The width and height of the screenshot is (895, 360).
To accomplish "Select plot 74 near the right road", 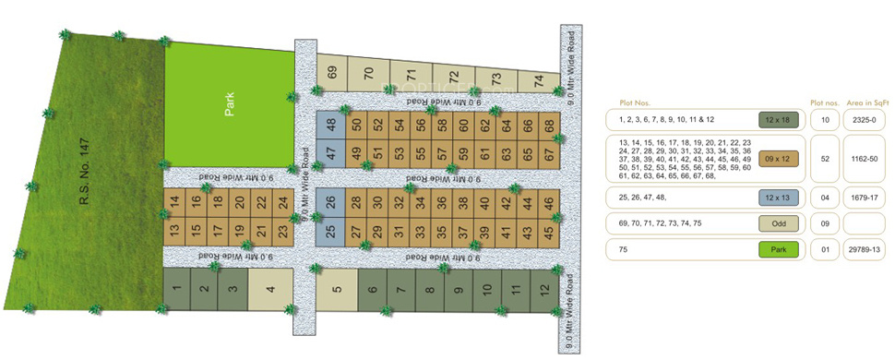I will (538, 80).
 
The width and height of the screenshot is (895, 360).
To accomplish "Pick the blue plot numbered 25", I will (331, 230).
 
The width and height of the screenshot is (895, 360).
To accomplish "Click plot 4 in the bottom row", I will (270, 289).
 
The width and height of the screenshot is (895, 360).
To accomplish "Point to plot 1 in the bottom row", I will (176, 289).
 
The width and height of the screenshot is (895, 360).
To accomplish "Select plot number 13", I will (174, 230).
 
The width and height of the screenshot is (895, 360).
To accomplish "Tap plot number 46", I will (548, 203).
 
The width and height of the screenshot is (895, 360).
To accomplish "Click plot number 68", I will (550, 125).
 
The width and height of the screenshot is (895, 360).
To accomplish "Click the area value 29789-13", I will (865, 249).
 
